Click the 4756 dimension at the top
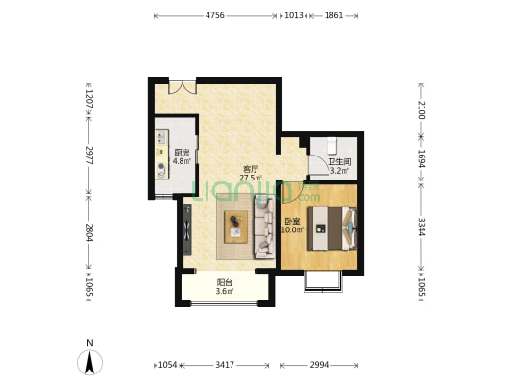pyautogui.click(x=214, y=15)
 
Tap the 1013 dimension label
pyautogui.click(x=294, y=15)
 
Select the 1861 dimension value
pyautogui.click(x=333, y=15)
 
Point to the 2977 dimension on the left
pyautogui.click(x=89, y=156)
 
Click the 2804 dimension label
pyautogui.click(x=89, y=232)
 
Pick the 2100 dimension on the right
pyautogui.click(x=422, y=110)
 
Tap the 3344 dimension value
pyautogui.click(x=422, y=227)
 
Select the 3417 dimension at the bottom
pyautogui.click(x=225, y=365)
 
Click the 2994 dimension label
pyautogui.click(x=319, y=365)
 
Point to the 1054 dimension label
pyautogui.click(x=167, y=365)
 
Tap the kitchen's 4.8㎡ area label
pyautogui.click(x=182, y=161)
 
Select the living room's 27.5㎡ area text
pyautogui.click(x=251, y=178)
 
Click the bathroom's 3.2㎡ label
pyautogui.click(x=340, y=170)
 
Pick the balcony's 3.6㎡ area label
pyautogui.click(x=225, y=291)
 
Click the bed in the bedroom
pyautogui.click(x=332, y=228)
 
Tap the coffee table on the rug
pyautogui.click(x=235, y=227)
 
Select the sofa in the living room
pyautogui.click(x=264, y=227)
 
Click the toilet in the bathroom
pyautogui.click(x=331, y=146)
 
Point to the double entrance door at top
pyautogui.click(x=183, y=86)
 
